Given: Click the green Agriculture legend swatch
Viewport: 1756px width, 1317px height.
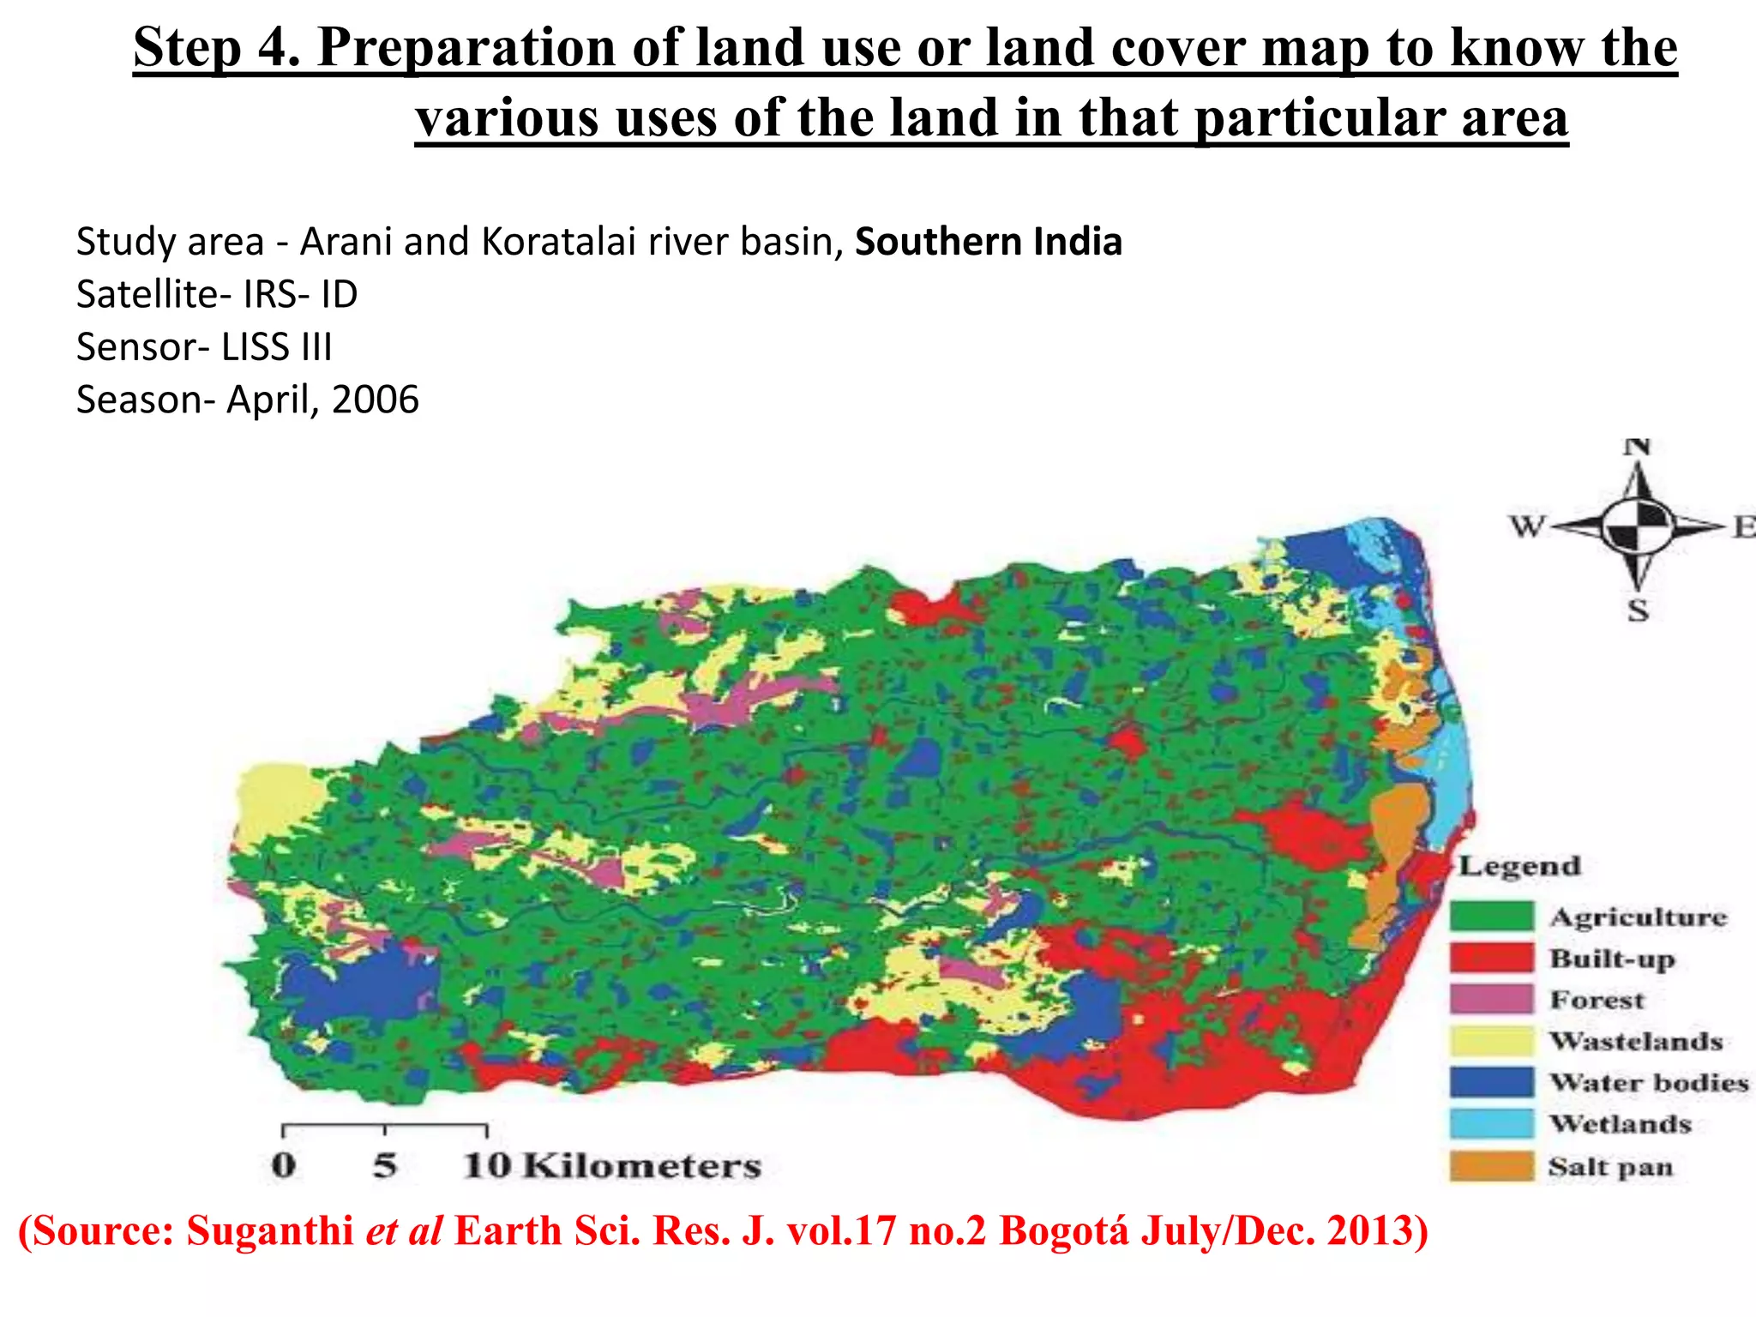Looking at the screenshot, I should pyautogui.click(x=1491, y=916).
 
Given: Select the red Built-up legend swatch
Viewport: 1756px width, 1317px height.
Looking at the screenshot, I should pyautogui.click(x=1491, y=957).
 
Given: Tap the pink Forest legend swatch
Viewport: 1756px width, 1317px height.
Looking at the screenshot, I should pyautogui.click(x=1491, y=999).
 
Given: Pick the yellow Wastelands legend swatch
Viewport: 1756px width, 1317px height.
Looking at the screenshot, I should pyautogui.click(x=1491, y=1040).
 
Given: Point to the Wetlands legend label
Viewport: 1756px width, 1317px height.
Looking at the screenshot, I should pyautogui.click(x=1620, y=1123).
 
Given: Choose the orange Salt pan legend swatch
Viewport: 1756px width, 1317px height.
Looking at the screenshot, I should pyautogui.click(x=1491, y=1166).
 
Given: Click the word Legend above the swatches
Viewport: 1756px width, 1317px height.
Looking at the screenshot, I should pyautogui.click(x=1519, y=866).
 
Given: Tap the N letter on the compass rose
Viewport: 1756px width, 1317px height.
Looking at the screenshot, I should pyautogui.click(x=1638, y=447).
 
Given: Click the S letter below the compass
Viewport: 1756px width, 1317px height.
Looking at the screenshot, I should pyautogui.click(x=1638, y=611).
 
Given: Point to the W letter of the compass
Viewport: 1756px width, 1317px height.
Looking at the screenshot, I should pyautogui.click(x=1527, y=526).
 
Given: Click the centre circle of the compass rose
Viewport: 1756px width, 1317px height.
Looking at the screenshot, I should pyautogui.click(x=1638, y=525).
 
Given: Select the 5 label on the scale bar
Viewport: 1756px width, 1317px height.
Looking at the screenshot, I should pyautogui.click(x=385, y=1165).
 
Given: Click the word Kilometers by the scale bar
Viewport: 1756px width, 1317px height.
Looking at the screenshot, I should pyautogui.click(x=642, y=1165).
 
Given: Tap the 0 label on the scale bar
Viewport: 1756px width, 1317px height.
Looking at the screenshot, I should pyautogui.click(x=284, y=1165).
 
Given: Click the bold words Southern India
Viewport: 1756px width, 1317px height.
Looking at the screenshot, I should pyautogui.click(x=988, y=242).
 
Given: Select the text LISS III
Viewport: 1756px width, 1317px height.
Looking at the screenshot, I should pyautogui.click(x=276, y=347).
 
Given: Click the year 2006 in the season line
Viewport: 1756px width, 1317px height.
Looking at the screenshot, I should pyautogui.click(x=376, y=400).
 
